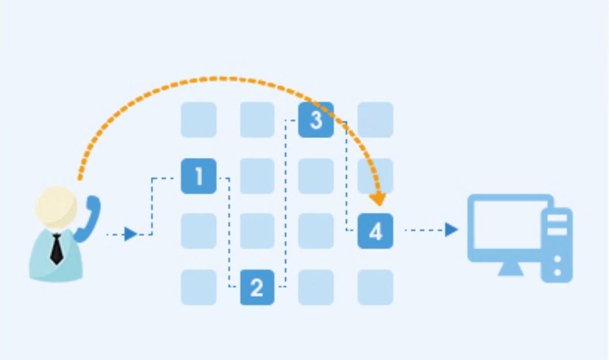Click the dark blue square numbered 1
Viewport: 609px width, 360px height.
click(x=198, y=176)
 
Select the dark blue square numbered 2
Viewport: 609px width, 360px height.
click(x=257, y=288)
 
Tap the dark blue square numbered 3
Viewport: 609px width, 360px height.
click(x=316, y=119)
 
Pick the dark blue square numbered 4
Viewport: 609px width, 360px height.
click(x=375, y=231)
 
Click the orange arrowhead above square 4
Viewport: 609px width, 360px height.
click(x=378, y=199)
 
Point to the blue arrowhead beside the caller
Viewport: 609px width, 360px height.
click(x=130, y=234)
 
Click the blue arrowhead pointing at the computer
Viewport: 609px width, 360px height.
click(x=451, y=230)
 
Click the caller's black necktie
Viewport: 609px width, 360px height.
click(x=57, y=249)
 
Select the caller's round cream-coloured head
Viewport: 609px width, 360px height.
click(x=56, y=207)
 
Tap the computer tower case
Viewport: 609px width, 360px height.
click(x=557, y=245)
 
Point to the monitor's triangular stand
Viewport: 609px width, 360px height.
click(x=511, y=269)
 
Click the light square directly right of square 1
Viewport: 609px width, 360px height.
click(x=257, y=176)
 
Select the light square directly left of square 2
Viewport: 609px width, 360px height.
click(x=198, y=288)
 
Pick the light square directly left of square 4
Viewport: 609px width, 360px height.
click(x=316, y=231)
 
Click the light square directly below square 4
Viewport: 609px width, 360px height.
click(x=375, y=288)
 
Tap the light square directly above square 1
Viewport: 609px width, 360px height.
click(x=198, y=119)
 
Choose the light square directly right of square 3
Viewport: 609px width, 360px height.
click(x=375, y=119)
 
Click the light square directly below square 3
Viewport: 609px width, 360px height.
click(x=316, y=176)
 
